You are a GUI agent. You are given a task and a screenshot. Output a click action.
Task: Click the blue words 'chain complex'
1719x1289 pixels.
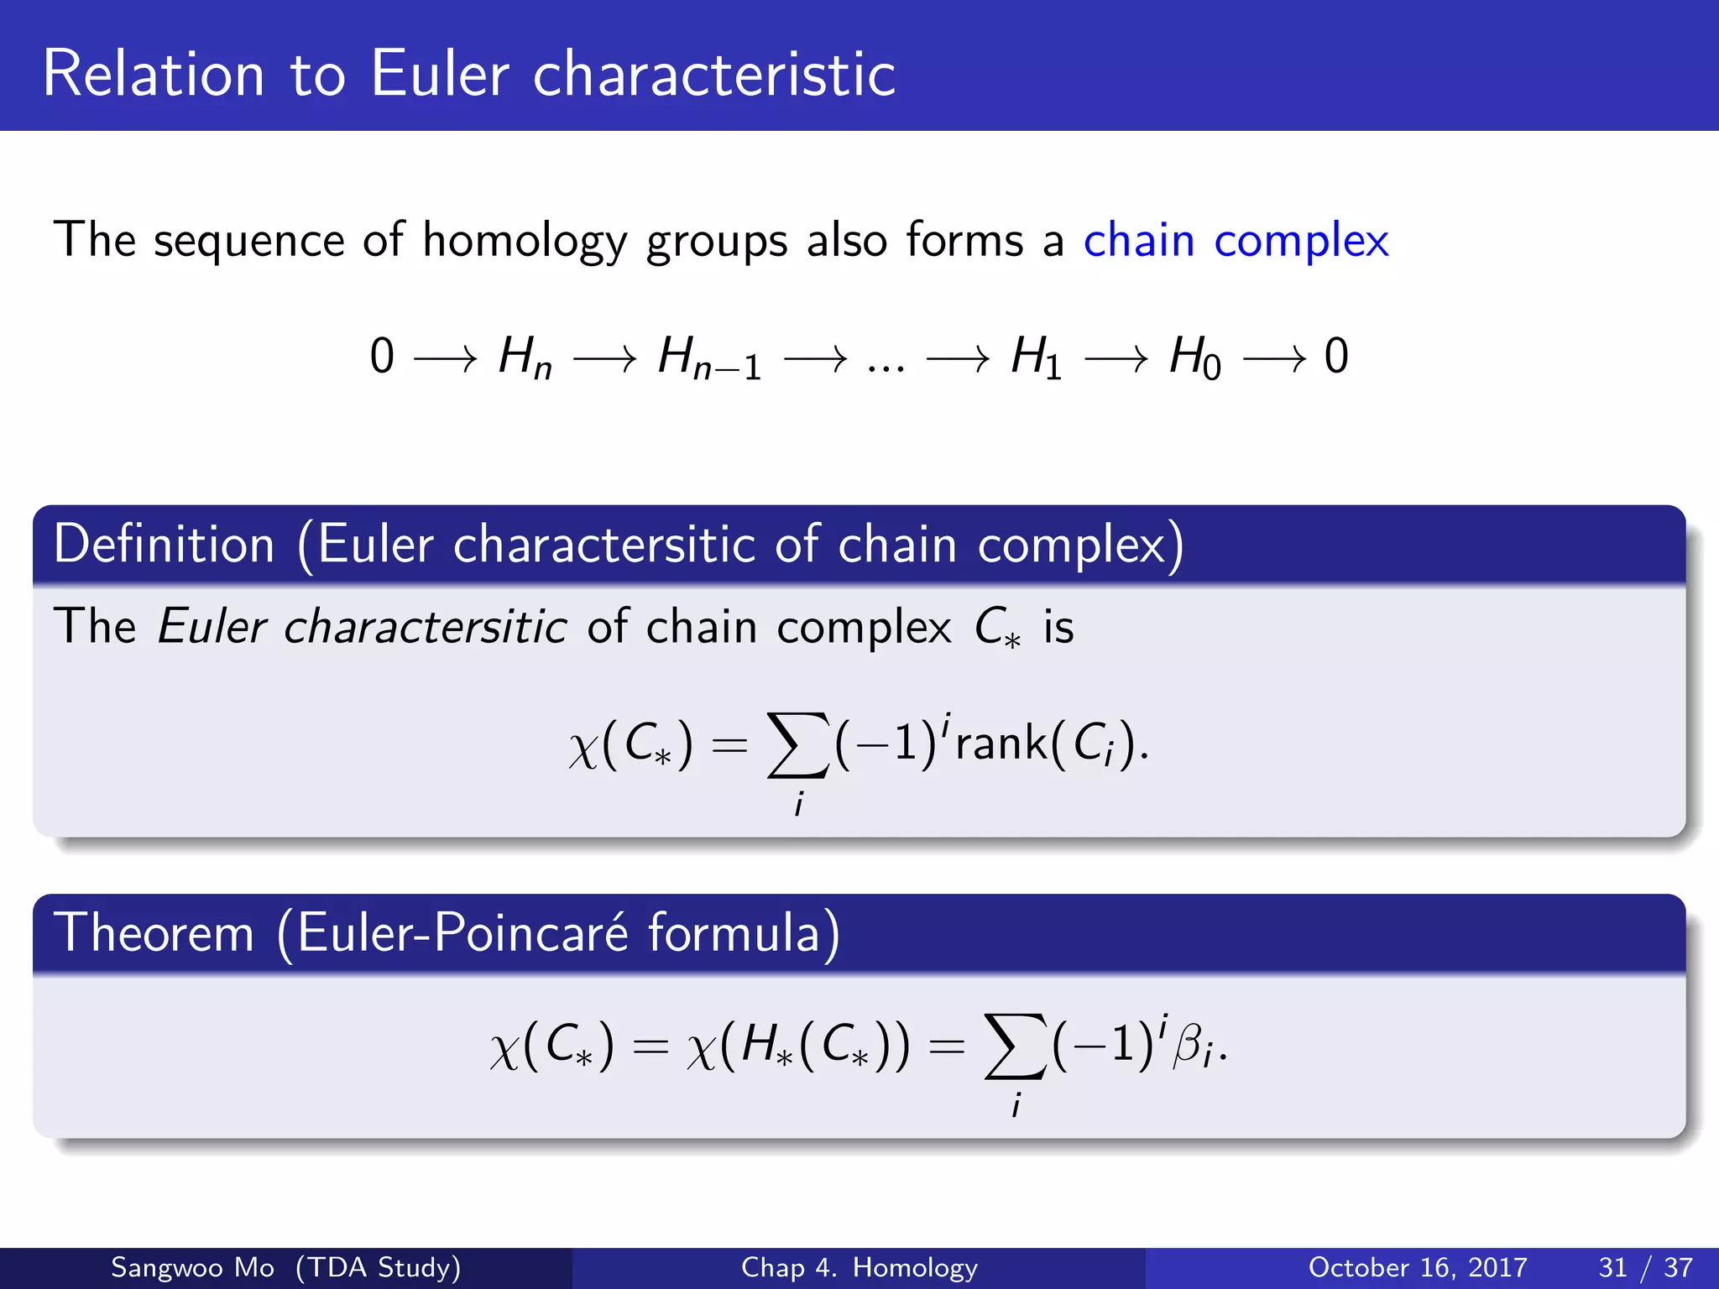click(x=1236, y=241)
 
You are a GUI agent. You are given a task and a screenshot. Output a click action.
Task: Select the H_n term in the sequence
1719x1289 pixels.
click(x=525, y=357)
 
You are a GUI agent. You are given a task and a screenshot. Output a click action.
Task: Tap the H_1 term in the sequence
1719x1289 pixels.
click(x=1036, y=357)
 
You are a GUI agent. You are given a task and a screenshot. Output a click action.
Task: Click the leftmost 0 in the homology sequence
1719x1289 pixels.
click(x=382, y=357)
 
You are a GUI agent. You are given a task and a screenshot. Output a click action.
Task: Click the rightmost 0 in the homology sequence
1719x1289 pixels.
click(x=1336, y=357)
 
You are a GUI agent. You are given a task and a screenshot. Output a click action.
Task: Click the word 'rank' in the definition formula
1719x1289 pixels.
click(x=1001, y=743)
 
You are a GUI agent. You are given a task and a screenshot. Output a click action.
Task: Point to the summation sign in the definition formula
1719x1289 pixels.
click(x=797, y=746)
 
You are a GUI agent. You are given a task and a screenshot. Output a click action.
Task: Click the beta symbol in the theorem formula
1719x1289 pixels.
click(x=1187, y=1046)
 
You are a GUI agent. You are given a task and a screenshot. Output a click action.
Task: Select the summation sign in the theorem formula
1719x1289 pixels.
click(x=1016, y=1046)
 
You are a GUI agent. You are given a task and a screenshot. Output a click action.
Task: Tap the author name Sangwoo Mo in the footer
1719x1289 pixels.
click(x=192, y=1267)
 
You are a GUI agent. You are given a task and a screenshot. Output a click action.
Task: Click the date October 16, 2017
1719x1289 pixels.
click(x=1418, y=1267)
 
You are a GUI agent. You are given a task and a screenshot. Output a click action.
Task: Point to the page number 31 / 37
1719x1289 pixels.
click(x=1645, y=1267)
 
